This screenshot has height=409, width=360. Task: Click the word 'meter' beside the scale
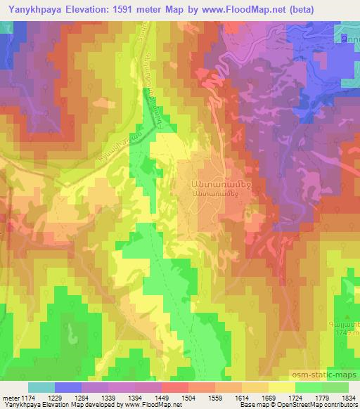9,398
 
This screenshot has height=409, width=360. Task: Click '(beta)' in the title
301,9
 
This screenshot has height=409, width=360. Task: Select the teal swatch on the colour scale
41,387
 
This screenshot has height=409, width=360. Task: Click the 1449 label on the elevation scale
148,398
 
